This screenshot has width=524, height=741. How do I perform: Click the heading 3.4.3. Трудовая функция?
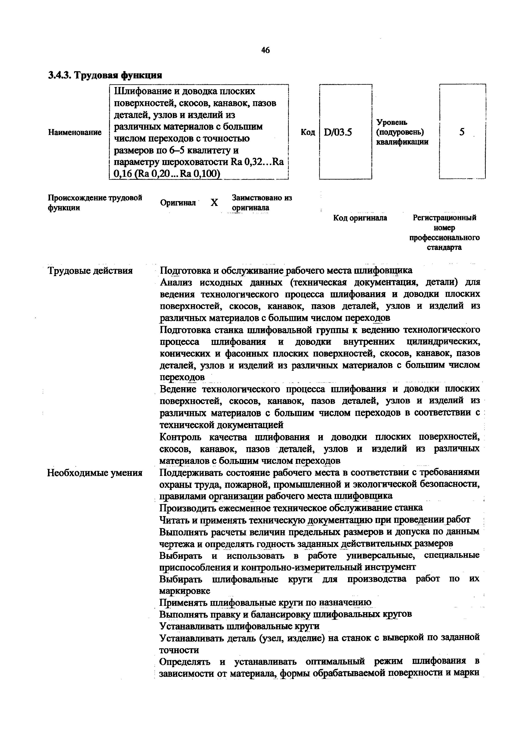pyautogui.click(x=105, y=75)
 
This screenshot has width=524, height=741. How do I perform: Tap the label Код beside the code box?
pyautogui.click(x=308, y=132)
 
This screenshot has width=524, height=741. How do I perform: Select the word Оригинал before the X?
pyautogui.click(x=178, y=203)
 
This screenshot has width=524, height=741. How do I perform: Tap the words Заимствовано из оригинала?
pyautogui.click(x=261, y=203)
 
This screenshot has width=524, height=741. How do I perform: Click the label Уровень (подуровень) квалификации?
pyautogui.click(x=402, y=132)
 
